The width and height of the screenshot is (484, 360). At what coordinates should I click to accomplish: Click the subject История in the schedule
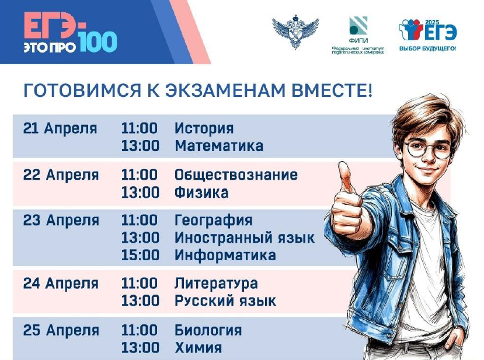point(204,128)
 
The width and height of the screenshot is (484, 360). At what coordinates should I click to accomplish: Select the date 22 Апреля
point(61,175)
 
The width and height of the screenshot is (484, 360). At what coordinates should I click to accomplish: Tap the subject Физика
point(201,193)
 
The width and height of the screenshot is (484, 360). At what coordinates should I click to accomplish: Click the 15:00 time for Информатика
point(140,255)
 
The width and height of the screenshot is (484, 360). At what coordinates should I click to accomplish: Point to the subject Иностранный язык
point(245,238)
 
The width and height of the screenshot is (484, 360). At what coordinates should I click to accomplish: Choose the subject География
point(214,221)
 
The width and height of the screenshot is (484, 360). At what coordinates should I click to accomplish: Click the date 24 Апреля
point(61,284)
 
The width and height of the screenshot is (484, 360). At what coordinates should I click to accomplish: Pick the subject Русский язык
point(225,300)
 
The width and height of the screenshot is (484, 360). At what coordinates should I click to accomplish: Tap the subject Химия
point(198,348)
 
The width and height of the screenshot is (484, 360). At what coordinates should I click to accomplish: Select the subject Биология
point(208,330)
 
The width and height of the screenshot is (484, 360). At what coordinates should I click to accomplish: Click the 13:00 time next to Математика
point(140,146)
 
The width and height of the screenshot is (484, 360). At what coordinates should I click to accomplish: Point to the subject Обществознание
point(236,175)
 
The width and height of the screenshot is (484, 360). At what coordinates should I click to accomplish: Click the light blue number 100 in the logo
point(98,41)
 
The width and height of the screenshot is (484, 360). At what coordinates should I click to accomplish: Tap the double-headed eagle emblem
point(295,31)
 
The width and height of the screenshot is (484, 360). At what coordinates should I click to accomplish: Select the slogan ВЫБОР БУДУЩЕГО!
point(427,48)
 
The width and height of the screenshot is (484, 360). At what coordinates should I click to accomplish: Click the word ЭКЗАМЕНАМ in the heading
point(224,90)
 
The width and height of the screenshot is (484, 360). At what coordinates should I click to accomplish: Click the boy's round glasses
point(429,149)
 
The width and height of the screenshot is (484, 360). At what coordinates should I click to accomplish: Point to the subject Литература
point(216,284)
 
